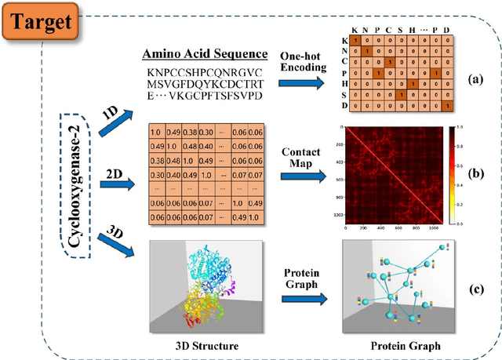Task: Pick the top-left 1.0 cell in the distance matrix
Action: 155,132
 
